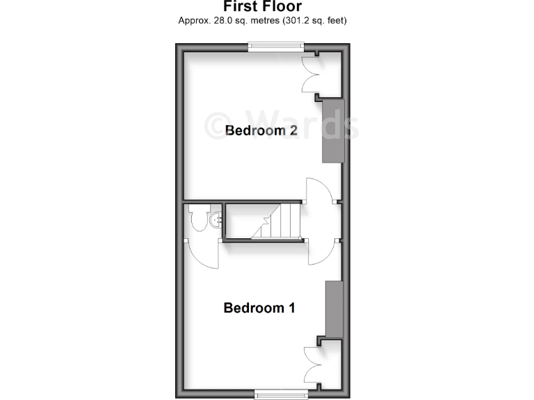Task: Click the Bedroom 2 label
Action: coord(256,131)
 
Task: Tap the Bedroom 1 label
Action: coord(259,308)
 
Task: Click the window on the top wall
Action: coord(277,47)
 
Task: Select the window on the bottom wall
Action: coord(281,394)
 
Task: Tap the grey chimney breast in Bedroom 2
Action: coord(333,131)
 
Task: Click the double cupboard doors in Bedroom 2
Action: coord(311,74)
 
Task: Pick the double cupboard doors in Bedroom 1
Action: coord(311,365)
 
